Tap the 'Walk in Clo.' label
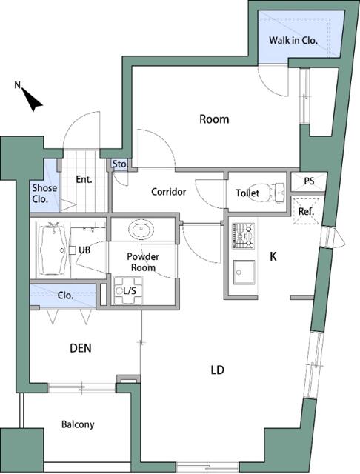pos(293,41)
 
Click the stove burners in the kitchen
pos(243,237)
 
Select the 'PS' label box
pos(310,181)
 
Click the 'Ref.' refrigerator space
pos(306,210)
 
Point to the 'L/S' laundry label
pos(129,291)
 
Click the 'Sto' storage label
pos(119,164)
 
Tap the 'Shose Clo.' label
pos(41,193)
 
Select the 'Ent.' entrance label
pos(84,179)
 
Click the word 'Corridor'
pos(168,192)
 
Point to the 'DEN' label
pos(80,348)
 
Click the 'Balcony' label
pos(78,424)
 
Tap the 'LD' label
pos(217,370)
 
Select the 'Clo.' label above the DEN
pos(65,294)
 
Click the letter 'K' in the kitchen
pos(273,257)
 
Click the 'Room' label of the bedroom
pos(213,118)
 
